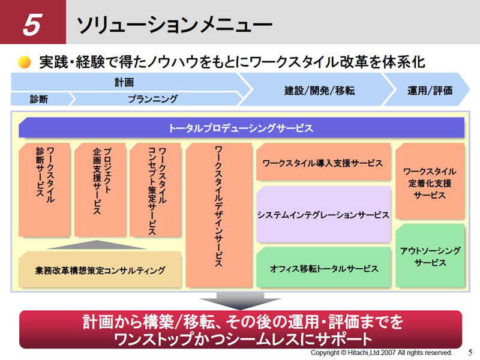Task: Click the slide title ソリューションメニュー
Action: [174, 25]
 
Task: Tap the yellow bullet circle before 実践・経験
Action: [25, 62]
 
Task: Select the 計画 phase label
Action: [124, 82]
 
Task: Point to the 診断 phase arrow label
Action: [39, 99]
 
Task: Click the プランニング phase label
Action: [152, 99]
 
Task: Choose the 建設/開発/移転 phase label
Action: [319, 91]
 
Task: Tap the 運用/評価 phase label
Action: [430, 91]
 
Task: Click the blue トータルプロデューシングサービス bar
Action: [241, 127]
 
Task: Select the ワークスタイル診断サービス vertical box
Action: [44, 190]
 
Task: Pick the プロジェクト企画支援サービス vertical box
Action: [100, 190]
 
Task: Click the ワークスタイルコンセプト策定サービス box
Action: [155, 190]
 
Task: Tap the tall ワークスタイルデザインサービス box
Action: [219, 215]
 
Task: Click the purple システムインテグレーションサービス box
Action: [323, 214]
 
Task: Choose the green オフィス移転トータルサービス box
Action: [323, 267]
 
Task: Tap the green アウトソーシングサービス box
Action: [430, 256]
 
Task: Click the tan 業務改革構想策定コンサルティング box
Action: [100, 269]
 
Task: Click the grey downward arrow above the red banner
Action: [241, 301]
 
